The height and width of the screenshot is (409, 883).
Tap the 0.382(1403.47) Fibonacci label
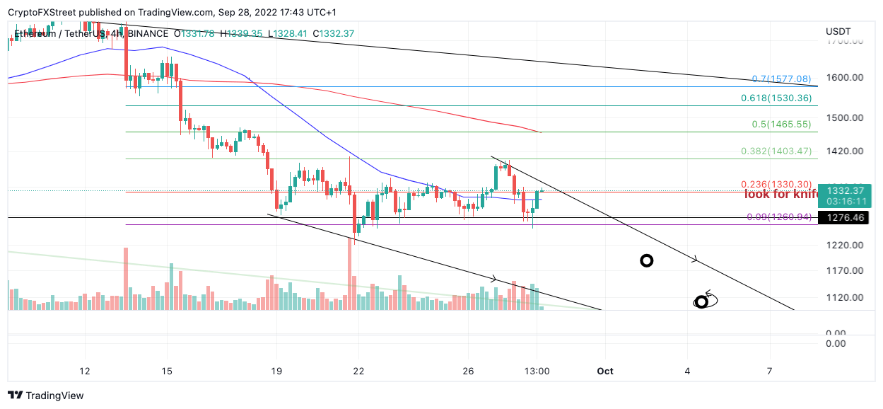[x=776, y=151]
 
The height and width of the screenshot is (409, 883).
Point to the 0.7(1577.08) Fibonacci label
[x=780, y=79]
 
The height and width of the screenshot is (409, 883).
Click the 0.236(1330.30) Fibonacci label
[x=776, y=184]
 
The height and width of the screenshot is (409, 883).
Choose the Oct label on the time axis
[x=604, y=371]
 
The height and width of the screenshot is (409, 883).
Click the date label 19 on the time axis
[x=276, y=371]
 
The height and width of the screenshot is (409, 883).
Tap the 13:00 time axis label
[x=537, y=371]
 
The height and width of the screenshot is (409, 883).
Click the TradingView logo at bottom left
[x=46, y=395]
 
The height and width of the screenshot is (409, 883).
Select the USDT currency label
[x=838, y=32]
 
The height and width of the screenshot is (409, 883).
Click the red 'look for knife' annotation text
[x=780, y=195]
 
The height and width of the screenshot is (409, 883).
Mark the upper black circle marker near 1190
[x=646, y=260]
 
